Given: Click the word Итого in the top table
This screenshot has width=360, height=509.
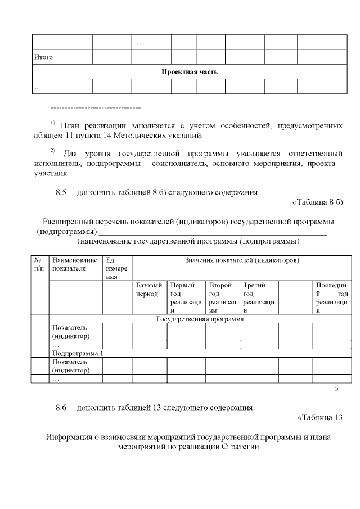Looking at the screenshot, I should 43,57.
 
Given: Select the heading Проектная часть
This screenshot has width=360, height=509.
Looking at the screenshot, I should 190,72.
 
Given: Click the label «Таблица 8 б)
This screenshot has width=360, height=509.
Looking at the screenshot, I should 318,202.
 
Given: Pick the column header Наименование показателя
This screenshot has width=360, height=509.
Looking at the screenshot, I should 75,264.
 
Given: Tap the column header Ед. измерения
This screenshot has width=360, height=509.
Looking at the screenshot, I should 117,268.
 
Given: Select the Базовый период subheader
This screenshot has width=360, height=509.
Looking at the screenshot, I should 149,290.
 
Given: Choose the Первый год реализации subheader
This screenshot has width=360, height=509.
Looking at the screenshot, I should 186,298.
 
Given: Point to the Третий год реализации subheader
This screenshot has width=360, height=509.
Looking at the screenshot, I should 258,298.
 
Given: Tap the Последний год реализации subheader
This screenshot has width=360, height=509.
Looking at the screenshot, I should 332,298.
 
